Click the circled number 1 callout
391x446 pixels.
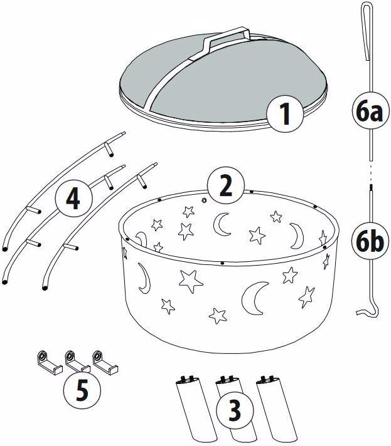point(286,114)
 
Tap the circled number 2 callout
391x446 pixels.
point(226,186)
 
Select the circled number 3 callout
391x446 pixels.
point(235,410)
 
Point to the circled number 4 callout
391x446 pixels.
point(74,199)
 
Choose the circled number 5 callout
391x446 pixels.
point(82,390)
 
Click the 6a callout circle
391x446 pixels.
point(370,111)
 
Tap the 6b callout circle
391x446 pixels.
point(370,241)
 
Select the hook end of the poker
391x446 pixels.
point(368,311)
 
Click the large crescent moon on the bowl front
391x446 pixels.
point(254,298)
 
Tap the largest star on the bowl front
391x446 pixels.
point(191,281)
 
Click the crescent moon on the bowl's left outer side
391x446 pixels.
point(145,278)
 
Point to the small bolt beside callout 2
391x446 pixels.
point(204,200)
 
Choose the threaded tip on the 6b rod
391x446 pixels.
point(372,188)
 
